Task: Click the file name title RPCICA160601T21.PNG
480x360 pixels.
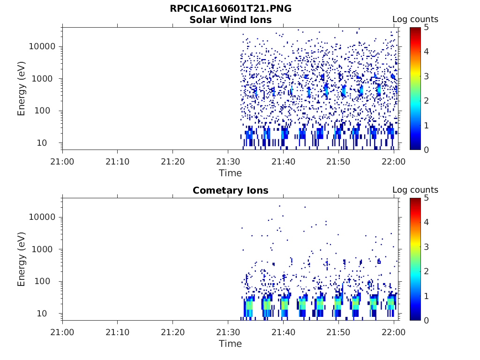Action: point(230,9)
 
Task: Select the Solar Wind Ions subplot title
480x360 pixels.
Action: point(230,20)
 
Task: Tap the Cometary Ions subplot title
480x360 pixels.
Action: point(230,190)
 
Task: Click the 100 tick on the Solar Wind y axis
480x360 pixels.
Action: point(47,111)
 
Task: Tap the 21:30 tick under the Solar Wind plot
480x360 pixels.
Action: point(228,162)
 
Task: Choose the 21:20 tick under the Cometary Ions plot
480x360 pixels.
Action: point(173,332)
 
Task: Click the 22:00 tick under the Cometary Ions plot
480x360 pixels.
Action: point(394,332)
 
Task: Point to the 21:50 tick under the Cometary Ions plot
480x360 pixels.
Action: point(338,332)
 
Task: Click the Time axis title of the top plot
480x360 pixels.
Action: point(230,173)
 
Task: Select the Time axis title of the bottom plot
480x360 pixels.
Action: point(230,344)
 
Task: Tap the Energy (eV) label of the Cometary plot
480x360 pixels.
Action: point(22,259)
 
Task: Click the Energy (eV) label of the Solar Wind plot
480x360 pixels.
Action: point(22,89)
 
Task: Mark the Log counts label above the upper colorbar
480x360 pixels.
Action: point(415,20)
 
